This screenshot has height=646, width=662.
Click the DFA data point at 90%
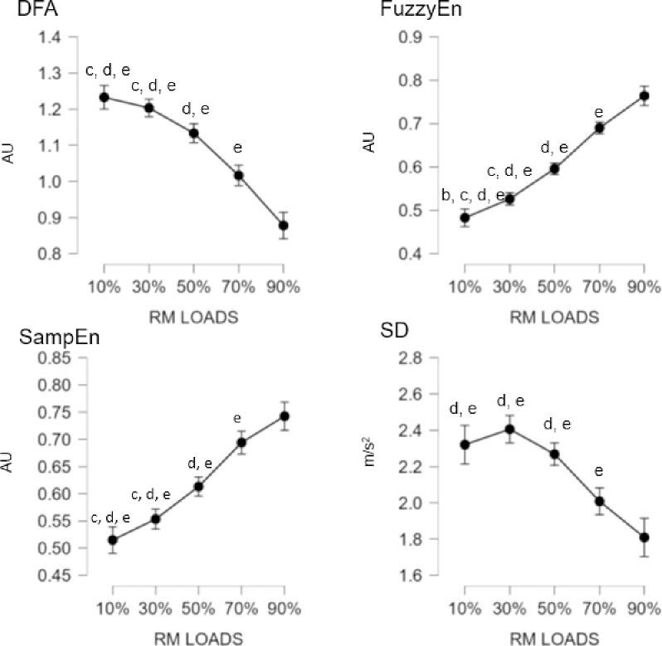(283, 226)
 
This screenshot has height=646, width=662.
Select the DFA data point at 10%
(105, 97)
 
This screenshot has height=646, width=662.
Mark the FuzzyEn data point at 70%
(599, 128)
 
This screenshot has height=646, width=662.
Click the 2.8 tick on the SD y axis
(429, 358)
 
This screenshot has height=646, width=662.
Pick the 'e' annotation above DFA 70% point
(238, 148)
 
